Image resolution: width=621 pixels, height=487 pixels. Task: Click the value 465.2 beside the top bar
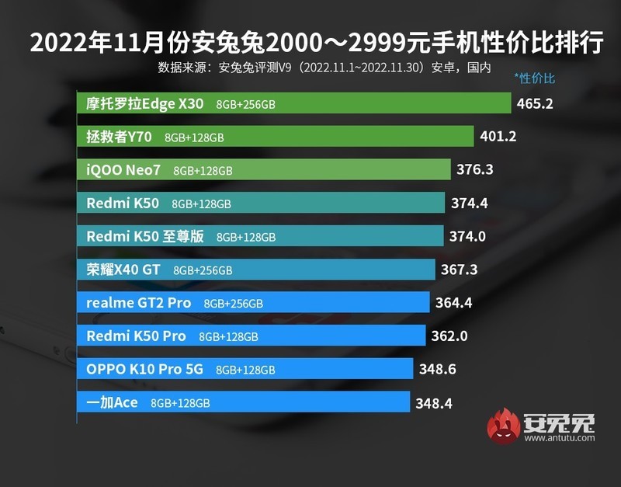[534, 103]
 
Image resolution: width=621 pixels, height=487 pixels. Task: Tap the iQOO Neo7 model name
[123, 170]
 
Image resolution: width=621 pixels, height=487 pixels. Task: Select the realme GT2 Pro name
[138, 303]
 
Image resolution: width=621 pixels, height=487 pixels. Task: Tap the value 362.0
[453, 336]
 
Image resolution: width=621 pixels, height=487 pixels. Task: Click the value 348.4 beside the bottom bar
[434, 403]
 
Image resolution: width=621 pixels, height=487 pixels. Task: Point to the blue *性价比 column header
[535, 78]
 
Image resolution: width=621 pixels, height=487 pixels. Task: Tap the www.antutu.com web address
[560, 440]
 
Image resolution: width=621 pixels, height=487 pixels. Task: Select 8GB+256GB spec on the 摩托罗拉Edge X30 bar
[247, 104]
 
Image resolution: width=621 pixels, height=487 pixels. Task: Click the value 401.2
[498, 137]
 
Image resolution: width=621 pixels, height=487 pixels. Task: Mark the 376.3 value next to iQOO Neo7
[475, 170]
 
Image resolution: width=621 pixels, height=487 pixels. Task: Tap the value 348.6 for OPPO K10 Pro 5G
[438, 370]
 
